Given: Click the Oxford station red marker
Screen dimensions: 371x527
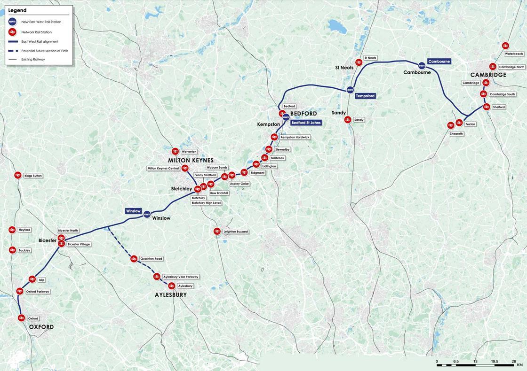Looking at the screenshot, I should click(x=21, y=318).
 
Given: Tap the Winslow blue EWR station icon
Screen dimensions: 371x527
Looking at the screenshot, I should click(x=147, y=215).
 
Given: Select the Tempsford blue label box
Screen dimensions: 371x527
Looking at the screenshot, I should click(x=365, y=96).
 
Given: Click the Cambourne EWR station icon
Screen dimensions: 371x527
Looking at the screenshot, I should click(x=422, y=65).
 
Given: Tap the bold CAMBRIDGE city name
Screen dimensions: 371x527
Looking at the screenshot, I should click(x=488, y=75).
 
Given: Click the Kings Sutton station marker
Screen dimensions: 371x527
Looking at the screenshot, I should click(x=18, y=175).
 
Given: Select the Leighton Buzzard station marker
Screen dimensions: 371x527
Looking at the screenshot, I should click(x=217, y=231).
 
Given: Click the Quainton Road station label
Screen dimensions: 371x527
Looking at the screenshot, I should click(x=151, y=259).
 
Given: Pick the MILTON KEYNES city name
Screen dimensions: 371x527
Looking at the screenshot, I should click(x=191, y=161).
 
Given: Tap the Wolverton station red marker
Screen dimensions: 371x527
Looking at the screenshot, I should click(x=175, y=151).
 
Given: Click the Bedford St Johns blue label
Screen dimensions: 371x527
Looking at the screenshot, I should click(x=306, y=123).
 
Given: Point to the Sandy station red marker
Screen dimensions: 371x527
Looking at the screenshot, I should click(x=348, y=120).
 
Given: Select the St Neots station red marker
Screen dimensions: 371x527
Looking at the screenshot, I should click(x=359, y=62).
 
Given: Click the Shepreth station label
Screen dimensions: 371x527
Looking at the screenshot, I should click(x=456, y=134).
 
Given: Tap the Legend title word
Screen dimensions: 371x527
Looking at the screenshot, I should click(x=17, y=10).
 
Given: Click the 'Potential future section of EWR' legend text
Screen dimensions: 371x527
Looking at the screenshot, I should click(x=45, y=50).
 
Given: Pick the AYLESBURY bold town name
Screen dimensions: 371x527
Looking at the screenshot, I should click(x=171, y=295).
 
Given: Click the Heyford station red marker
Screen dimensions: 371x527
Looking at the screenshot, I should click(x=12, y=230).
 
